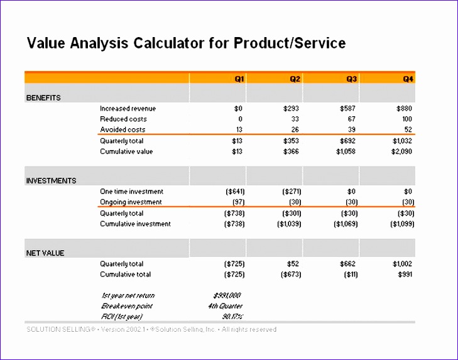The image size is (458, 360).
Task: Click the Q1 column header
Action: point(239,79)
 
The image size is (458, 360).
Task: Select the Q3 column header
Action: point(352,79)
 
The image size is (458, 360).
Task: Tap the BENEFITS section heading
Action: point(43,98)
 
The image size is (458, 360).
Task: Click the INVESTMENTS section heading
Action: point(51,181)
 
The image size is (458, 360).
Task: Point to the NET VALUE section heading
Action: point(45,253)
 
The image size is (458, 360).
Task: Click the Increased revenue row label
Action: point(128,109)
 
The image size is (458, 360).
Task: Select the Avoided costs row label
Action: point(123,129)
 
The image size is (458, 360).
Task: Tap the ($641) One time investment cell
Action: point(234,191)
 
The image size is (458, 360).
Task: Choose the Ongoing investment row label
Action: point(131,202)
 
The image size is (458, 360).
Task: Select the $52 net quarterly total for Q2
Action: point(295,264)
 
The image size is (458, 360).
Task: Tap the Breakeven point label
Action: point(126,306)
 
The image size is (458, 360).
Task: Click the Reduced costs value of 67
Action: point(352,119)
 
